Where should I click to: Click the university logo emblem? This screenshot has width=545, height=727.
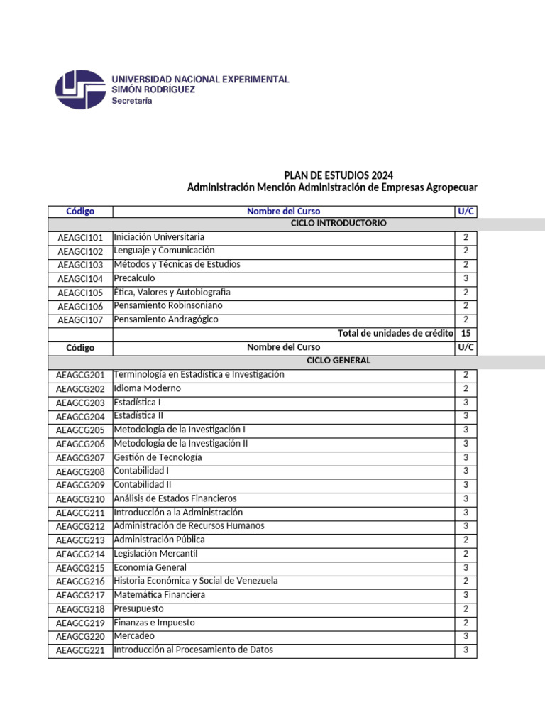coord(80,89)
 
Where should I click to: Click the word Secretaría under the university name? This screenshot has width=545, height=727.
coord(132,101)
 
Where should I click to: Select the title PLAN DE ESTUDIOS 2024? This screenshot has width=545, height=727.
coord(338,175)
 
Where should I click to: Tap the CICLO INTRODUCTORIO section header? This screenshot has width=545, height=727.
coord(338,224)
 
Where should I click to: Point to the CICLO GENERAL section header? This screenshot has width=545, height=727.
coord(338,361)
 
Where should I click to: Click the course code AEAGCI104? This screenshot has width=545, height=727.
coord(80,279)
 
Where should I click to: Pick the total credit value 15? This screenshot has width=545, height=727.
coord(466,333)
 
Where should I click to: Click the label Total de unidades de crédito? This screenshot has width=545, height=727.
coord(395,333)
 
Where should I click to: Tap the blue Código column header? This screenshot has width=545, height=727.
coord(80,212)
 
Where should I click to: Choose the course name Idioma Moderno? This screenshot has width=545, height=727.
coord(147,388)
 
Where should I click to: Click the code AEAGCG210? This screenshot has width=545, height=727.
coord(80,499)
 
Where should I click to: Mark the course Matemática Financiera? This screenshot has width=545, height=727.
coord(160,595)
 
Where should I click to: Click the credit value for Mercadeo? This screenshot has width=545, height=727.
coord(466,636)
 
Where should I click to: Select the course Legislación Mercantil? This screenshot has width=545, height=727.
coord(155,554)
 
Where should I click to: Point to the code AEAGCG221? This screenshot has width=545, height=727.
coord(80,650)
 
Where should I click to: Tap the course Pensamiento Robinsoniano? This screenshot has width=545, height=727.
coord(167,305)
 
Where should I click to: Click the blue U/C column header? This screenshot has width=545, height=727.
coord(466,212)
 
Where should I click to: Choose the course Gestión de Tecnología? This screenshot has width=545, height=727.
coord(158,457)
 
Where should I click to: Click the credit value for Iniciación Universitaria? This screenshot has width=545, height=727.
coord(466,237)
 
